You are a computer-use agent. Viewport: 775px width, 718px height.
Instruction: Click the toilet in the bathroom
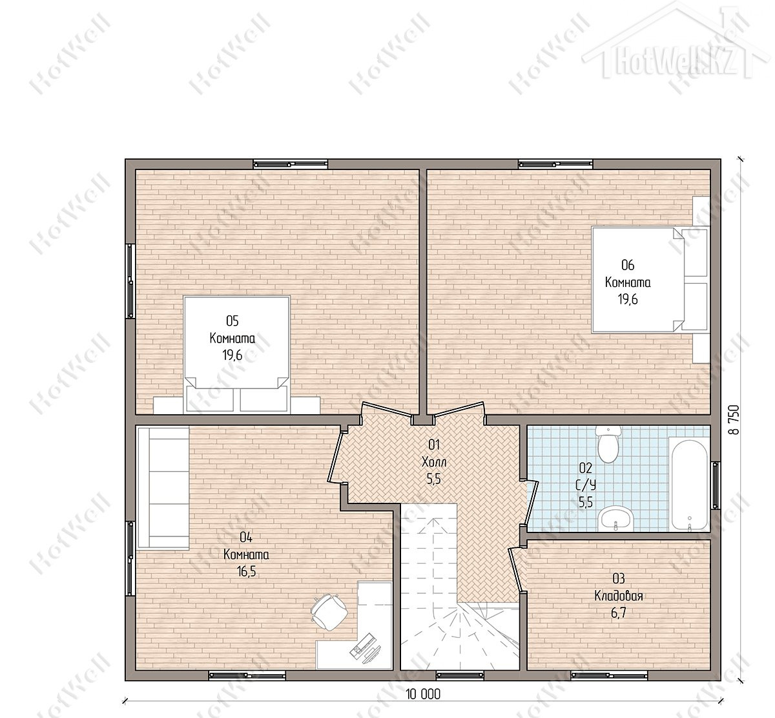click(608, 444)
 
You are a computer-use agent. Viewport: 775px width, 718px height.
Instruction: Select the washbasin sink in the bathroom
click(615, 519)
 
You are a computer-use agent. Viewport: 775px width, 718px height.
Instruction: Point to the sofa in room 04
click(163, 489)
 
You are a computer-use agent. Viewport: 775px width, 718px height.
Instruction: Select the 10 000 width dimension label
click(423, 694)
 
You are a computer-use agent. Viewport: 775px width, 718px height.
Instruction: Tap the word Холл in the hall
click(434, 462)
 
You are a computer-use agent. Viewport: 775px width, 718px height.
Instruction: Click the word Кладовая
click(619, 596)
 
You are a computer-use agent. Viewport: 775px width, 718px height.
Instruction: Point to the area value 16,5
click(246, 571)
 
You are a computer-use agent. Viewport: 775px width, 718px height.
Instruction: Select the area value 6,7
click(619, 613)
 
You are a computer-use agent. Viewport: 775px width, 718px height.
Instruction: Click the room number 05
click(232, 321)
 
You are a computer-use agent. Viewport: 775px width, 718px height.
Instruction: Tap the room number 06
click(628, 265)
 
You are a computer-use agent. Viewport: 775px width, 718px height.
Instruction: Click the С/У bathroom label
click(586, 485)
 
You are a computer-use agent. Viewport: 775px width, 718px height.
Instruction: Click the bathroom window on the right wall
click(715, 485)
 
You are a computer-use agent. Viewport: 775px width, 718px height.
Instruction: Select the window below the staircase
click(460, 674)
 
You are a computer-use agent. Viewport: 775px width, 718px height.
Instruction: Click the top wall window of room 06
click(555, 164)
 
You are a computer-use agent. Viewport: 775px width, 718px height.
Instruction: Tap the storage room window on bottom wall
click(609, 674)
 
